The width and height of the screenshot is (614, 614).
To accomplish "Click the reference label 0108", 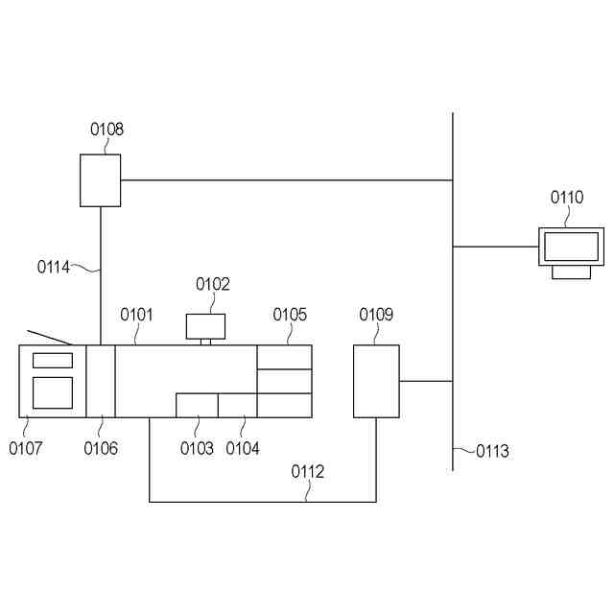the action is (x=107, y=130).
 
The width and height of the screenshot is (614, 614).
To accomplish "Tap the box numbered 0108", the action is (x=100, y=180).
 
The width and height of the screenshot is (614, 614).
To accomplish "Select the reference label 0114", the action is (x=54, y=268).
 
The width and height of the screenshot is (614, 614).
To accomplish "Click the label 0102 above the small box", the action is (x=213, y=284).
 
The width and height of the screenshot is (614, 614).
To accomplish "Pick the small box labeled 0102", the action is (x=205, y=326).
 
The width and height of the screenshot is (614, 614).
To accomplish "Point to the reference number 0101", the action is (x=136, y=314).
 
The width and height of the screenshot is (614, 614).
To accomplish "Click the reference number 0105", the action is (x=290, y=314).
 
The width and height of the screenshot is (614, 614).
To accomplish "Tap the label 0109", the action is (x=376, y=314).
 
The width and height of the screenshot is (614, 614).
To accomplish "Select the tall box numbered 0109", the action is (x=376, y=381).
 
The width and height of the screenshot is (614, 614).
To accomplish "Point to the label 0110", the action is (x=566, y=198).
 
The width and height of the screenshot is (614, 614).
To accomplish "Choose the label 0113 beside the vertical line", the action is (x=493, y=451).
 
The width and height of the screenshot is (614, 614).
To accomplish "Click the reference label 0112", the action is (x=308, y=471).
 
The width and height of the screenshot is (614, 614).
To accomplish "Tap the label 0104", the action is (x=243, y=448).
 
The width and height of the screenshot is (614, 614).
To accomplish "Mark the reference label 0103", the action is (x=197, y=448).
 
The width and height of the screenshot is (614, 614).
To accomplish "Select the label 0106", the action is (x=101, y=448).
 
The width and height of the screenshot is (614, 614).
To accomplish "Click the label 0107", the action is (x=26, y=448).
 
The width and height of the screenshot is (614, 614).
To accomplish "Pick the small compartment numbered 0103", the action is (x=197, y=405).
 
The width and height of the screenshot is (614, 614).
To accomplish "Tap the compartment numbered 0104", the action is (x=237, y=405).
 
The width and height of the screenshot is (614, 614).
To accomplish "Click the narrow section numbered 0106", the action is (x=101, y=381).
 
